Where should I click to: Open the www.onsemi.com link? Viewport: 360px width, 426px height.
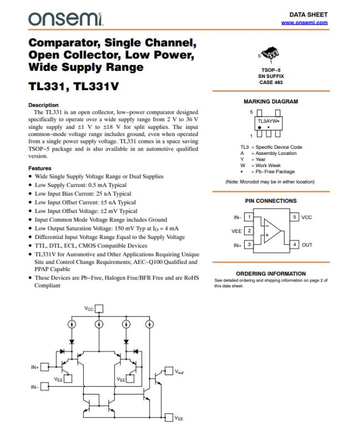point(304,23)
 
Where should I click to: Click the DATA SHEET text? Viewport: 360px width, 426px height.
point(308,14)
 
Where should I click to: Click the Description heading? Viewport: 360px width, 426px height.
point(43,105)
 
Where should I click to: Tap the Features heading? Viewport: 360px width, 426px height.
point(40,168)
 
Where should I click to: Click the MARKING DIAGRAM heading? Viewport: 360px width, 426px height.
point(271,102)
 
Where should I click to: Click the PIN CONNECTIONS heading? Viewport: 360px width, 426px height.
point(271,201)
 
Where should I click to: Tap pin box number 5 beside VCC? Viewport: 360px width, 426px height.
point(295,217)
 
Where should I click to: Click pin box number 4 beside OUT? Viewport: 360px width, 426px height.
point(295,244)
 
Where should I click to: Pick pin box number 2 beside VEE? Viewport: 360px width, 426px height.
point(249,231)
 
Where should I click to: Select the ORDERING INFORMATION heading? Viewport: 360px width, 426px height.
point(271,274)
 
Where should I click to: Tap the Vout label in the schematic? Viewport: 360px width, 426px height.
point(179,372)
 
